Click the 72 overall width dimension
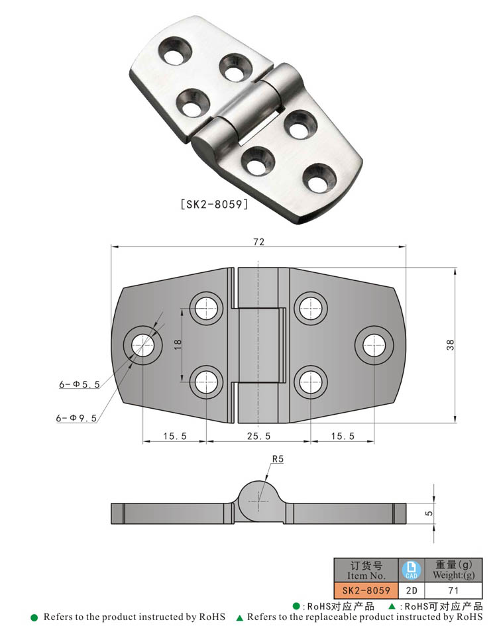click(x=258, y=242)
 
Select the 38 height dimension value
click(x=451, y=345)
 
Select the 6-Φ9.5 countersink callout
click(x=78, y=417)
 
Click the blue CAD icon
click(x=410, y=569)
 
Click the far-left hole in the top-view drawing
click(x=143, y=344)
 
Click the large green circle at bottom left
click(x=34, y=617)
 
